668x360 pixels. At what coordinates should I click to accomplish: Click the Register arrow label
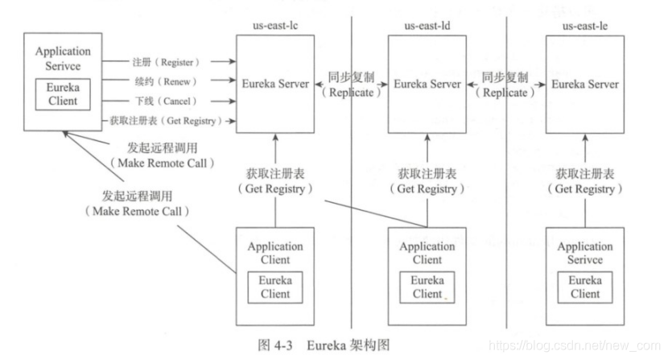[x=166, y=61]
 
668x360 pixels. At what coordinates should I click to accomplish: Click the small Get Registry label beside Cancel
[x=164, y=122]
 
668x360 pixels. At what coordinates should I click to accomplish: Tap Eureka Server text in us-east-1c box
[x=276, y=84]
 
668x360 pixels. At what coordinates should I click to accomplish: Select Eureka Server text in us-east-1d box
[x=427, y=84]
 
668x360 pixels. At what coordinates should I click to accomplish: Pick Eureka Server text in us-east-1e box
[x=585, y=84]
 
